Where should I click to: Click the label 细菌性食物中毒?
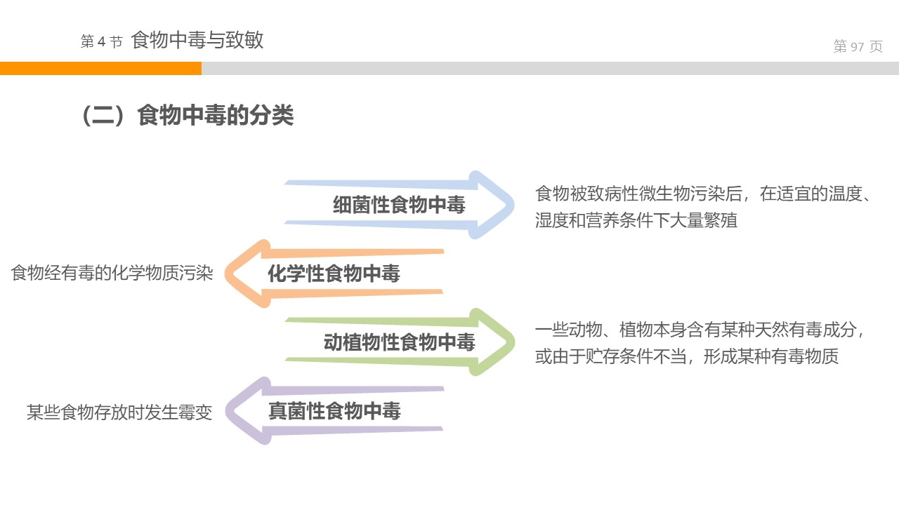point(399,205)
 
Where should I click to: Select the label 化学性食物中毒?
point(334,274)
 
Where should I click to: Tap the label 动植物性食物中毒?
point(399,342)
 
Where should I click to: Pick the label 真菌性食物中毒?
point(334,411)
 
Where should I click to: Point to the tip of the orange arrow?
point(228,274)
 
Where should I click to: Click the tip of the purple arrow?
point(228,411)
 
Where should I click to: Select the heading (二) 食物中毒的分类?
point(188,116)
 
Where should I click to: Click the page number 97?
point(857,47)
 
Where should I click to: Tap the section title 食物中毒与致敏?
point(197,40)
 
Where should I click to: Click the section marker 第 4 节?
point(101,42)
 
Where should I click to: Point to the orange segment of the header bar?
point(100,68)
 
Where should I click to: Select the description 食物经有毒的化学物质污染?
point(112,273)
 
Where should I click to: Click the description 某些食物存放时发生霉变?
point(119,412)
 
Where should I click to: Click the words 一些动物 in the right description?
point(569,330)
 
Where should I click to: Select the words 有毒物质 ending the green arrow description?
point(806,356)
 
